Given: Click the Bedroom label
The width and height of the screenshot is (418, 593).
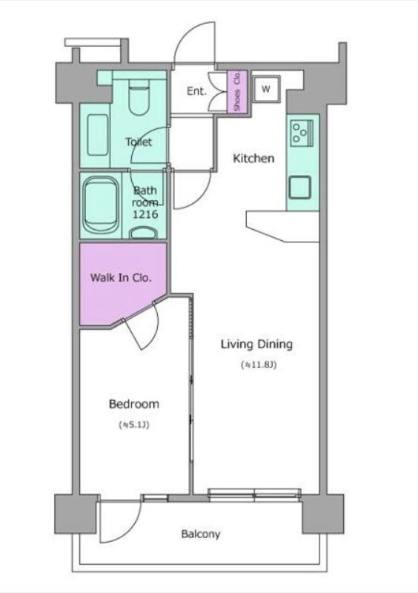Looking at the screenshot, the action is point(134,404).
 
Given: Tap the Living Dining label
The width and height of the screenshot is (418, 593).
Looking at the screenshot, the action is point(256,344).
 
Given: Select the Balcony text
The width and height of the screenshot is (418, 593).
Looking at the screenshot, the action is point(201,534).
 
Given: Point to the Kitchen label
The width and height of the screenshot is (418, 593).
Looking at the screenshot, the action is point(253,158).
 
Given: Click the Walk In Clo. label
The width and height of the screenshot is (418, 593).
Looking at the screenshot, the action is point(121,277).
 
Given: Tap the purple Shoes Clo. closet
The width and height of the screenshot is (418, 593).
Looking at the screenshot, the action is point(237,91).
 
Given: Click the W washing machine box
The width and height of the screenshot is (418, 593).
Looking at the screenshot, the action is point(267,89).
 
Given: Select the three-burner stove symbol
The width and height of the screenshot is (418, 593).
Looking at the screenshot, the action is point(302,133).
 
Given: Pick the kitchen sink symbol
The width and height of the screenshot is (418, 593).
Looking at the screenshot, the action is point(300,188).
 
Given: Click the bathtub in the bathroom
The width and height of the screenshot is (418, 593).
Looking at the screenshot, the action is point(100,205).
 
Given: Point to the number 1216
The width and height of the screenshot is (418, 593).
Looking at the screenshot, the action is point(145,214).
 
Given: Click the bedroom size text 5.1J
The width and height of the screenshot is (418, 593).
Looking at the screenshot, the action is point(134,425).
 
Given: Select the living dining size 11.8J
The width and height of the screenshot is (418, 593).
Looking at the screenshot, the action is point(259,365).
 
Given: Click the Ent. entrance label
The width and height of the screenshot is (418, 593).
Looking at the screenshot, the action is point(196,91).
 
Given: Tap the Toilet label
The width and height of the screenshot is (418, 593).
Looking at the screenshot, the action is point(139,142).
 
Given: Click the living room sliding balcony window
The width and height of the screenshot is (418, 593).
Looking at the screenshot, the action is point(255,494).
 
